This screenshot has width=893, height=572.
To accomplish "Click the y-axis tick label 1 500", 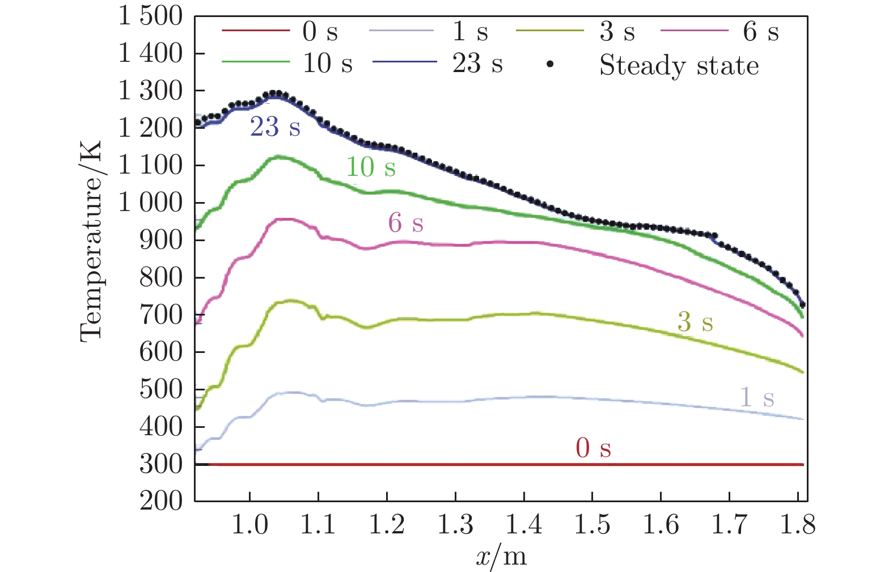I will pos(150,16).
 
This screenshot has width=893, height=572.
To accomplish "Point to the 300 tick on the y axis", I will pos(161,464).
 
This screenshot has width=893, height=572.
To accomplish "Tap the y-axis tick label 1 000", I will pos(150,203).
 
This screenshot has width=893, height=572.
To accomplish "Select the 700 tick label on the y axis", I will pos(161,315).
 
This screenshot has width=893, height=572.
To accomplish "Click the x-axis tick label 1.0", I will pos(249,525).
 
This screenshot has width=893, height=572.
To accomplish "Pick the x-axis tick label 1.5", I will pos(592,525).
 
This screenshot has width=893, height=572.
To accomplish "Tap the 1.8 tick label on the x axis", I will pos(797,525).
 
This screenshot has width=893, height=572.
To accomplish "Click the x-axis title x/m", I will pos(501,557).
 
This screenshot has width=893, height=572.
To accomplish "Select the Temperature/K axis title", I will pos(91,241).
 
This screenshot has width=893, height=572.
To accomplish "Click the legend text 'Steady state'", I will pos(679,65).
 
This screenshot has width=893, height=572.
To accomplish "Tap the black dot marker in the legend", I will pos(549,65).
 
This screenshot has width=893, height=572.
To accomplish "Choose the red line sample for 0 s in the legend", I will pos(255,30).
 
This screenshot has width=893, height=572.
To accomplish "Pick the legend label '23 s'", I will pos(477,64).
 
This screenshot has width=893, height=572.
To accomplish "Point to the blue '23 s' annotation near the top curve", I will pos(275,127).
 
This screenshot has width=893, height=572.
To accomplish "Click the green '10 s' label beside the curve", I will pos(370,167).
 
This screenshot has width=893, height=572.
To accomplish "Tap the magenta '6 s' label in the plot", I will pos(405,222).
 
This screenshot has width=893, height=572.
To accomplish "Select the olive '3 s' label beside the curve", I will pos(695,322).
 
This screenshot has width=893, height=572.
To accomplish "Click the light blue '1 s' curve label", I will pos(757,397).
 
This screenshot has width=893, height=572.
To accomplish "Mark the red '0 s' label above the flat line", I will pos(593,448).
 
